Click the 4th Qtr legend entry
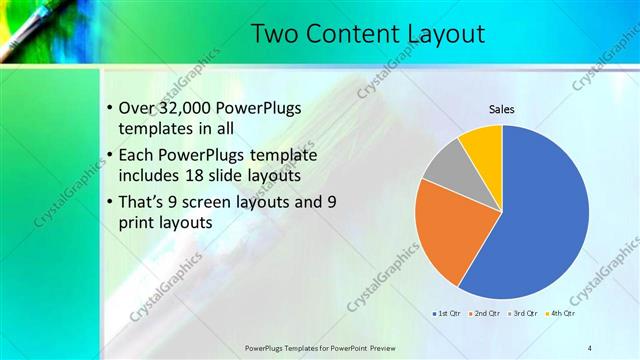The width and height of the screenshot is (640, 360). pyautogui.click(x=562, y=314)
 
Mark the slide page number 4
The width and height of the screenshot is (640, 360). pyautogui.click(x=590, y=347)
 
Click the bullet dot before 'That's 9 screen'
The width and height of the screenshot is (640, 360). pyautogui.click(x=109, y=203)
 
